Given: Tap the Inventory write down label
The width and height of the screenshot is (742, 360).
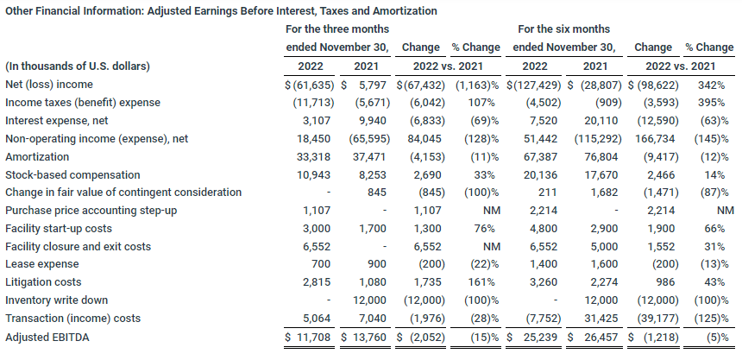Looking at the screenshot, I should (x=56, y=300).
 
